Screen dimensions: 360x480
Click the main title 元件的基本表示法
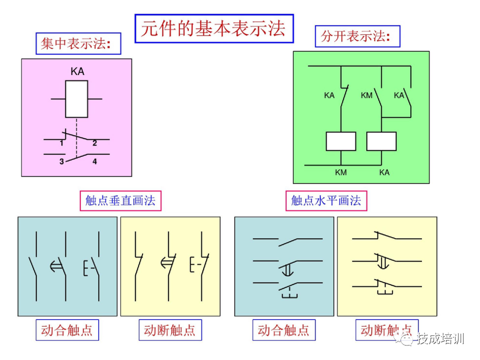tap(213, 28)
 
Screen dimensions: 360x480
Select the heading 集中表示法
tap(79, 44)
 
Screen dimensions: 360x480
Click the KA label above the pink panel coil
tap(77, 71)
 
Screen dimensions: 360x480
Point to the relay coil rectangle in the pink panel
tap(76, 99)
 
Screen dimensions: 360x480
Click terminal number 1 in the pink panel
tap(61, 143)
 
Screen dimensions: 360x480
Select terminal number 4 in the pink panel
tap(94, 161)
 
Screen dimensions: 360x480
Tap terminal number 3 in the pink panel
tap(61, 161)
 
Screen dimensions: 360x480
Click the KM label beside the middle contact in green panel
tap(366, 95)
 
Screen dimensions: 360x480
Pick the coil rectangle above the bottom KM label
tap(341, 141)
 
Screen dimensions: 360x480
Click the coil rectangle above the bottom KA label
tap(381, 141)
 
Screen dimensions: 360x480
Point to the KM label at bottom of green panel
tap(341, 172)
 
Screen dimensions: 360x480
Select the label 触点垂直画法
tap(120, 200)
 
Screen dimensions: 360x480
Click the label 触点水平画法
tap(326, 200)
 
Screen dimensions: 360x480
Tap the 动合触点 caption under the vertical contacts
tap(66, 330)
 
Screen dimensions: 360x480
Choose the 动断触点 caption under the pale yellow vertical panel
tap(169, 330)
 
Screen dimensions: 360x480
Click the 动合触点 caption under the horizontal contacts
tap(283, 330)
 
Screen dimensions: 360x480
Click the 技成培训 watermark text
tap(440, 338)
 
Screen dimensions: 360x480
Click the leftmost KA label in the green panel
tap(329, 95)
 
